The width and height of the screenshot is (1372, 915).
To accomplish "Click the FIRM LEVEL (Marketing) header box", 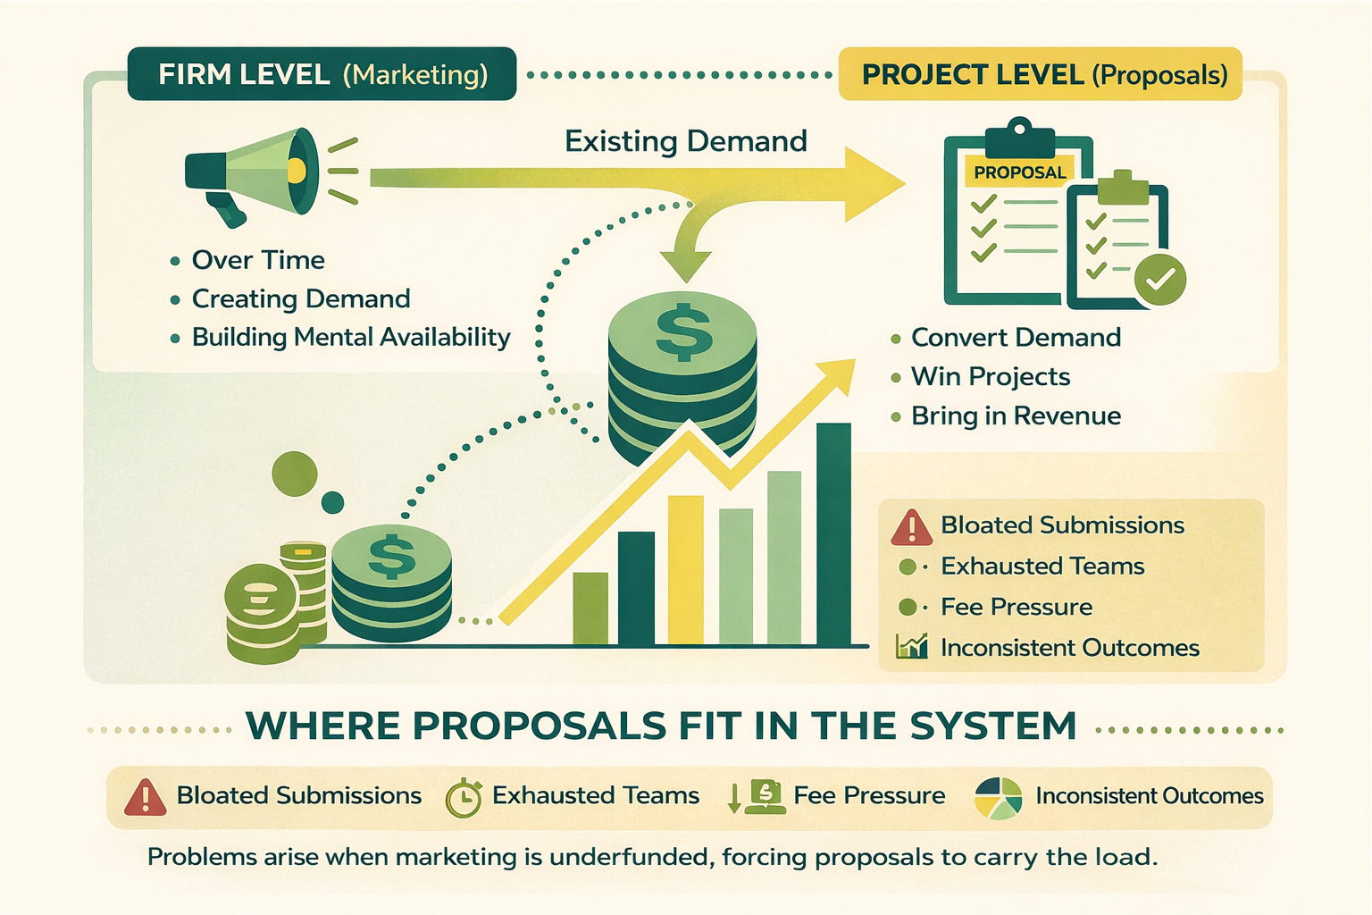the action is coord(322,74).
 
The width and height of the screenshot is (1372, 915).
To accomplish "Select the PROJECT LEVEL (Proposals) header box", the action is coord(1041,74).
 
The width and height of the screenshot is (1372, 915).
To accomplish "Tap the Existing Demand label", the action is coord(685,141).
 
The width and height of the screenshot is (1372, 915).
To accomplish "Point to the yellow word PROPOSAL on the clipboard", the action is coord(1020,172).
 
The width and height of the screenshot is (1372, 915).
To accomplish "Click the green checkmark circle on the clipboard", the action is coord(1160,280).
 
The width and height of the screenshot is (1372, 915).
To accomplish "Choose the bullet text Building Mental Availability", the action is coord(351,337).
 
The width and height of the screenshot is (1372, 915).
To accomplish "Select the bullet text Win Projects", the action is coord(991,376).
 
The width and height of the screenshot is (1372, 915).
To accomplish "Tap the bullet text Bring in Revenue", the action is coord(1016,416).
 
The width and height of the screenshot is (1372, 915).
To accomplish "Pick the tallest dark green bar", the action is coord(833,533).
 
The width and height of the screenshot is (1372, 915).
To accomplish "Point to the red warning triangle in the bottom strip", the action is coord(145,797).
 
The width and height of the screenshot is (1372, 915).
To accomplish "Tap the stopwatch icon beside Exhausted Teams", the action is coord(464,797).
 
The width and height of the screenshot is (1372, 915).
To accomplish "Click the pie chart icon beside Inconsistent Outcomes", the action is coord(998,797).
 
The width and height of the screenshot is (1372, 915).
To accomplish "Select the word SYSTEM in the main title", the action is coord(993,726).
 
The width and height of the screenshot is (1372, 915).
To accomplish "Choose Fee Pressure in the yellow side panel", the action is coord(1016,607).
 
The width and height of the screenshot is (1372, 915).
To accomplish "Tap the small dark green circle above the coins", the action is coord(332,502).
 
